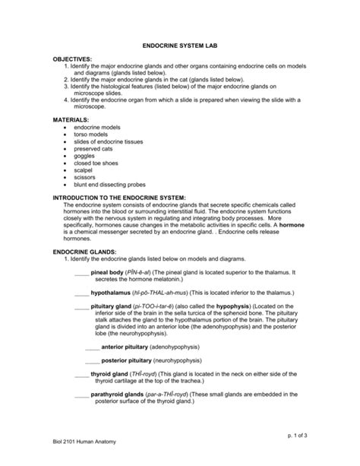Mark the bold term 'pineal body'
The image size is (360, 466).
(107, 271)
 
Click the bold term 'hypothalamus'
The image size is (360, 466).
(112, 291)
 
